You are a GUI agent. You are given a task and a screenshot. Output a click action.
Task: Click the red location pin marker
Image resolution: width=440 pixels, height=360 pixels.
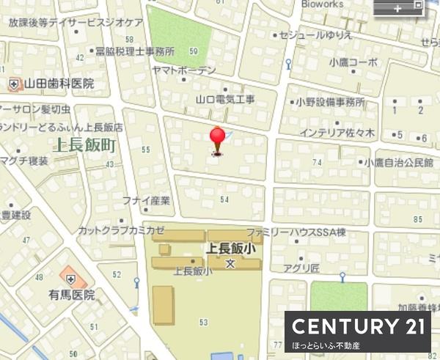pos(217,138)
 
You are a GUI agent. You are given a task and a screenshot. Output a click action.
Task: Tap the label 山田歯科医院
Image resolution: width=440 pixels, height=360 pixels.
pos(59,84)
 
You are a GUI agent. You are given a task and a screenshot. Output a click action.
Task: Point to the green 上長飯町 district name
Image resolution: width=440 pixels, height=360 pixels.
pos(85,145)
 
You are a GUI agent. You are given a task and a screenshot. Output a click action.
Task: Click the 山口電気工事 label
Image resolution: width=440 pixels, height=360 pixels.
pos(225,99)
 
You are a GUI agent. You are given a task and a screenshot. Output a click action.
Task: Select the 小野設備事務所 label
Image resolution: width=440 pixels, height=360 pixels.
pos(330,103)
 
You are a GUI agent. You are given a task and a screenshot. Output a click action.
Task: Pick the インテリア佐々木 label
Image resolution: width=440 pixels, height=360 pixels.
pos(337,133)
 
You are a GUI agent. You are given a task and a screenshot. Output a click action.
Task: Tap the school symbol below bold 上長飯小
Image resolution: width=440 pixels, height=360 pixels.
pos(230,262)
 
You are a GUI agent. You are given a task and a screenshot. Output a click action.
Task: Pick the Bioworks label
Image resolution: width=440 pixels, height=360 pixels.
pos(321,4)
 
